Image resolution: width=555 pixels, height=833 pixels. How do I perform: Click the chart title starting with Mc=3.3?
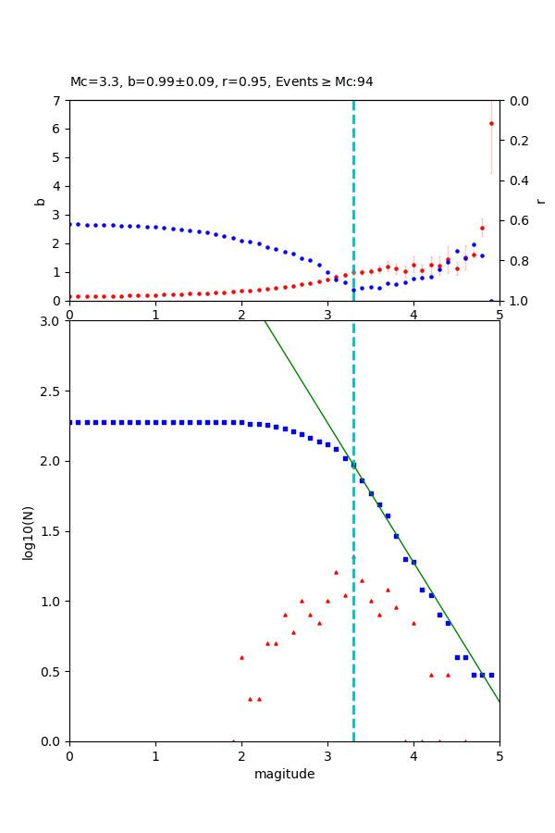coord(222,81)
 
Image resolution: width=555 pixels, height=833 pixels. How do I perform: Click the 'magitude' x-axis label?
coord(284,774)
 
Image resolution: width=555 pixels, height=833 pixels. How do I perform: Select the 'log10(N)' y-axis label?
coord(28,531)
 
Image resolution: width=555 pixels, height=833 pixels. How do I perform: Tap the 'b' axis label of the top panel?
coord(40,201)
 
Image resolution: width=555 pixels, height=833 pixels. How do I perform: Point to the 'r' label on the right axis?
coord(540,201)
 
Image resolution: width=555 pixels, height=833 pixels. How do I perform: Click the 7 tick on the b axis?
coord(58,100)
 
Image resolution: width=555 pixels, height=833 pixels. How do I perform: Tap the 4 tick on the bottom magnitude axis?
coord(413,755)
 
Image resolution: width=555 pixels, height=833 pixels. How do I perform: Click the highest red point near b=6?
coord(491,123)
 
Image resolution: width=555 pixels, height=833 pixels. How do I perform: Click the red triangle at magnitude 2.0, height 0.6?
coord(241,657)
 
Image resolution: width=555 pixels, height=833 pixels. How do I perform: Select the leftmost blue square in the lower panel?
coord(70,422)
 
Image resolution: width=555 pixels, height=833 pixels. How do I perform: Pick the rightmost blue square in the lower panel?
coord(491,675)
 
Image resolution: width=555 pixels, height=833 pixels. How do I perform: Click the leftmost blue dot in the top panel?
coord(70,224)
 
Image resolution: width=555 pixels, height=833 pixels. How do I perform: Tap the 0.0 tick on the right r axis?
coord(515,100)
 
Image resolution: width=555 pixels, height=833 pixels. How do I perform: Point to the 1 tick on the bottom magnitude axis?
coord(155,755)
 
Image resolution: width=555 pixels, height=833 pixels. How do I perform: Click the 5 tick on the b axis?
coord(58,157)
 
